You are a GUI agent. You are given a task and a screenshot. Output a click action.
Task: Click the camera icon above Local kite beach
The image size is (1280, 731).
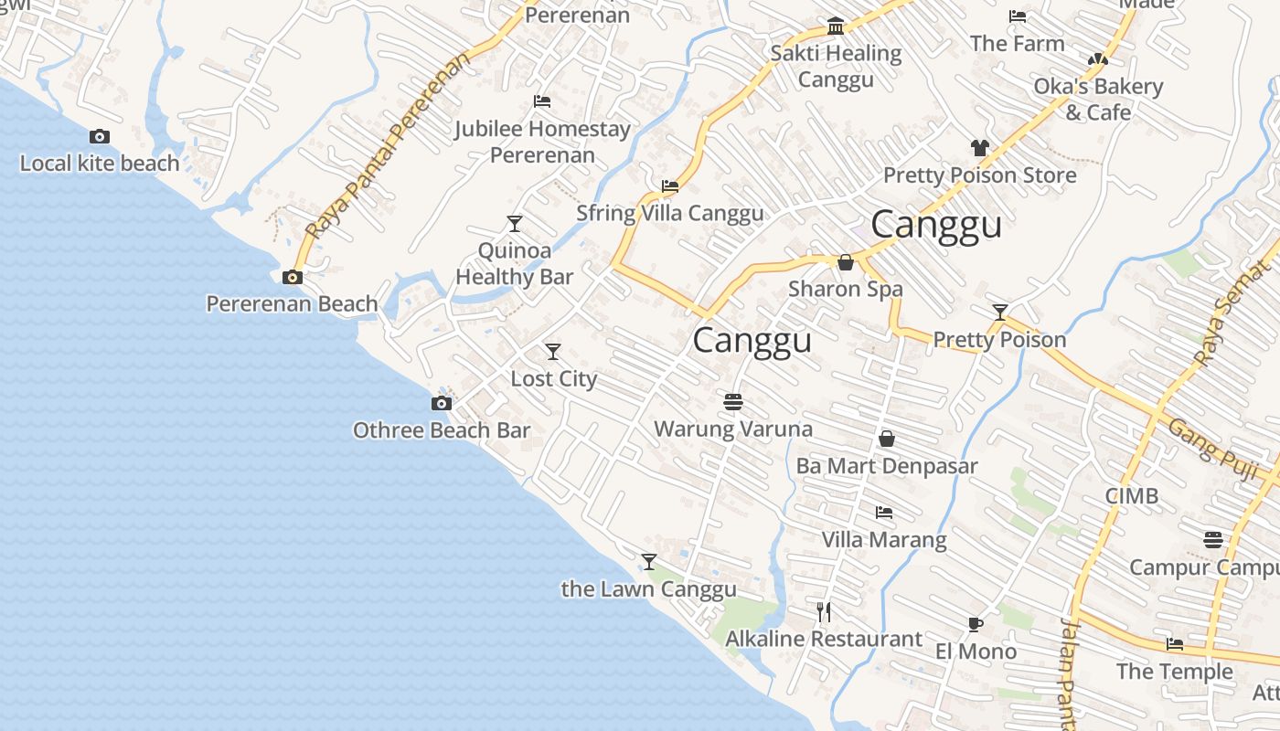100,137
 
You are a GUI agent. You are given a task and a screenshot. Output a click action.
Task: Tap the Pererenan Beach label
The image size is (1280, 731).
292,303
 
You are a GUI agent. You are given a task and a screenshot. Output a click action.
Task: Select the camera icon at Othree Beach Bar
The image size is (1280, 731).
441,403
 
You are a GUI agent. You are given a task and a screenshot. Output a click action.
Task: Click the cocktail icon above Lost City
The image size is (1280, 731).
553,352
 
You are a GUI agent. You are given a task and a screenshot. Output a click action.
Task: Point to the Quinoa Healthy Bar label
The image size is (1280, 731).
515,263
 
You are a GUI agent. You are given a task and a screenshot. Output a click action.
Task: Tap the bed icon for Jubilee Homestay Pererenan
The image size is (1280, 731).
542,101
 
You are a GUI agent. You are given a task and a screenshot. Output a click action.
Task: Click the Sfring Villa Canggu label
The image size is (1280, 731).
669,213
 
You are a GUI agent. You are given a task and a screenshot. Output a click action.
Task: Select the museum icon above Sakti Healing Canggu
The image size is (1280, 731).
836,26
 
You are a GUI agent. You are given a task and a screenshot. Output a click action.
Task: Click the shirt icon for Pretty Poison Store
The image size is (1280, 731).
979,148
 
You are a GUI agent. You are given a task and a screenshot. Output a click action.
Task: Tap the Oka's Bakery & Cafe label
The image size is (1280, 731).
1098,99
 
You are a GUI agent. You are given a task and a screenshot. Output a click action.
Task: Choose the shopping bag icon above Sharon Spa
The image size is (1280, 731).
846,263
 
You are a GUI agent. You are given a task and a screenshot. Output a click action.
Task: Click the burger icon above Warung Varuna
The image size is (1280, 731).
732,402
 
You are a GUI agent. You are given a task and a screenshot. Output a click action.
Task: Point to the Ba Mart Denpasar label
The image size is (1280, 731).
886,465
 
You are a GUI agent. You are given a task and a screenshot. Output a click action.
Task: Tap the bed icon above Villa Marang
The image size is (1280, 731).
883,513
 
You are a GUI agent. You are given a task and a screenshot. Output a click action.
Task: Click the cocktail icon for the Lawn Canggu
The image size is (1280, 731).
649,562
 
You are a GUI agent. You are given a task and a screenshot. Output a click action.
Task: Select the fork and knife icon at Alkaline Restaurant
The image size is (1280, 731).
824,611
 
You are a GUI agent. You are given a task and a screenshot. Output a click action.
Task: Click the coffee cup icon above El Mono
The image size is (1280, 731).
976,624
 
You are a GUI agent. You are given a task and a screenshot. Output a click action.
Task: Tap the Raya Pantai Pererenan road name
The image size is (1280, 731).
388,146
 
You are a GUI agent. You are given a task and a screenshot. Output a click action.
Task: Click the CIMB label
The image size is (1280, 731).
1131,496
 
